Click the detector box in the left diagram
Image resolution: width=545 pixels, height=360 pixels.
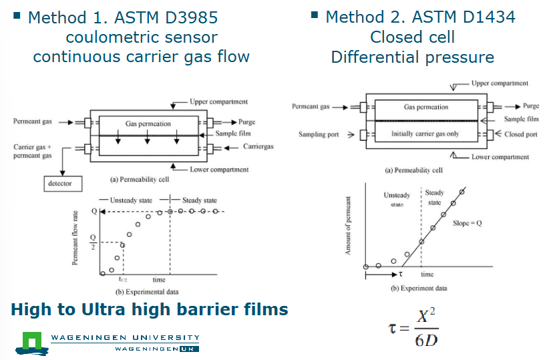coord(60,183)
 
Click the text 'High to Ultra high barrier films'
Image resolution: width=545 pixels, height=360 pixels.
coord(150,309)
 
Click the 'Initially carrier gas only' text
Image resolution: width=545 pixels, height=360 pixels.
coord(425,134)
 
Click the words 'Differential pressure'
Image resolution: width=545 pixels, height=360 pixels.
coord(412,57)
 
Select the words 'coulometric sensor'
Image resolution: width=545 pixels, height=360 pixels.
coord(141,37)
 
